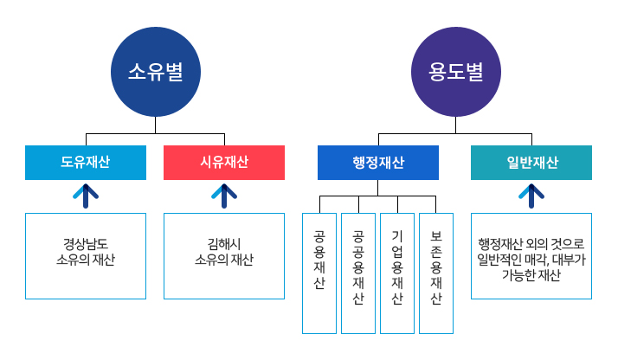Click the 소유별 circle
click(x=155, y=72)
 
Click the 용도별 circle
click(x=455, y=72)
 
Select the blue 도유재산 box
click(x=86, y=163)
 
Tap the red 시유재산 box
click(x=224, y=163)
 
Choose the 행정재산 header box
click(x=378, y=163)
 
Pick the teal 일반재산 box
click(x=531, y=163)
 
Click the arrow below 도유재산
click(x=86, y=196)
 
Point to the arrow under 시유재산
click(x=224, y=196)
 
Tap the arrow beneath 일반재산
click(x=531, y=196)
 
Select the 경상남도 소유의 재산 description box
click(x=86, y=255)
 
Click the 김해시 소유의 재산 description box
click(x=224, y=255)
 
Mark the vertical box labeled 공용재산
click(x=319, y=273)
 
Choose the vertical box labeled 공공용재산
click(x=358, y=273)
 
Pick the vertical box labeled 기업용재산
click(x=397, y=273)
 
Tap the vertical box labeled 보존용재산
click(x=436, y=273)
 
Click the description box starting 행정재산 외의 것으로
click(x=531, y=255)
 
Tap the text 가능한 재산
click(x=531, y=276)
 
